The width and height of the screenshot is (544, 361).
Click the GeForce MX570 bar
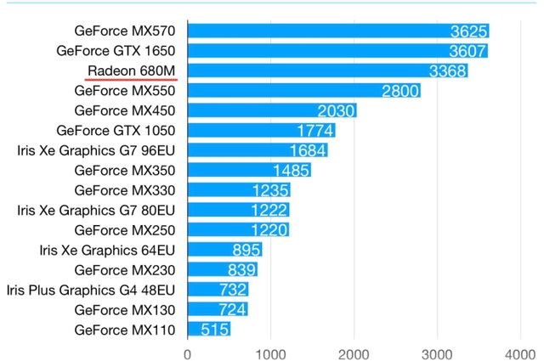(338, 31)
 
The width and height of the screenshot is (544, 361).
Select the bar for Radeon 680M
(327, 71)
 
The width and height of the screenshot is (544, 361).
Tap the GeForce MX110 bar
(209, 329)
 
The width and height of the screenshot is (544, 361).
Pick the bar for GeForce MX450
(272, 110)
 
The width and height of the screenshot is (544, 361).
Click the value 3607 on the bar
(467, 51)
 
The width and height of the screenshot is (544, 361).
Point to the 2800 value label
(400, 91)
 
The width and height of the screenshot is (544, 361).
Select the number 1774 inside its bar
(315, 131)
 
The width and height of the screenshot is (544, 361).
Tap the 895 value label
(246, 250)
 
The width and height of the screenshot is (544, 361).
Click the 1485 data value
(291, 171)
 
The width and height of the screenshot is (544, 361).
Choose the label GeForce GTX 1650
(116, 51)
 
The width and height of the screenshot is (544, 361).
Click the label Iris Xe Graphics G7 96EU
(96, 151)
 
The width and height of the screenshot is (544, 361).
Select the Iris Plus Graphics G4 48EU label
(91, 290)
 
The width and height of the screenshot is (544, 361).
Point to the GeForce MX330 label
(125, 190)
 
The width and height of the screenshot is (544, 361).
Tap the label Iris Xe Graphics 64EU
(107, 250)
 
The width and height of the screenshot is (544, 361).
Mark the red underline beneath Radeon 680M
(131, 80)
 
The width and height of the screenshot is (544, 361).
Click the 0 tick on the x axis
(187, 355)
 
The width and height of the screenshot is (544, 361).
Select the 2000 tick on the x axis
(354, 355)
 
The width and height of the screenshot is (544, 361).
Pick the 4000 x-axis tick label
(520, 355)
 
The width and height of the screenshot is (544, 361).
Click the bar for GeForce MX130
(218, 309)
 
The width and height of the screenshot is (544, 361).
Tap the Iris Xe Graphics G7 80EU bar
(238, 210)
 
